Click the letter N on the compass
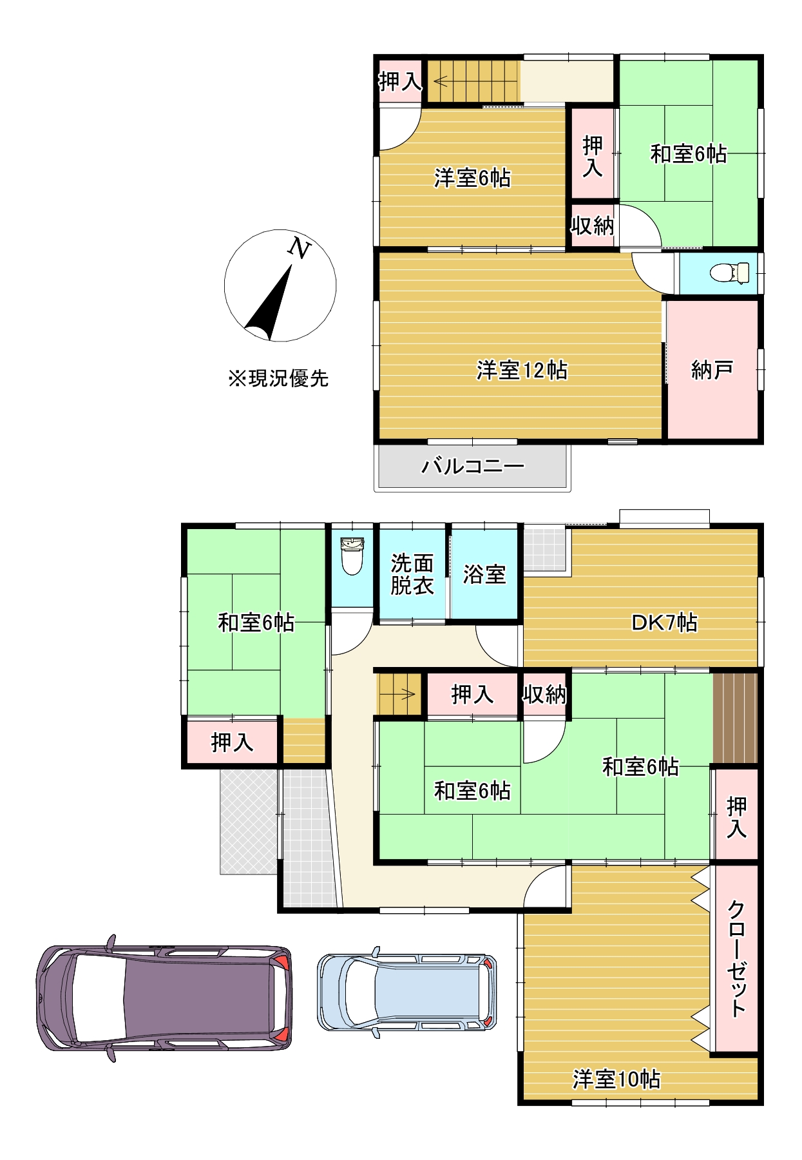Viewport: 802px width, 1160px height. [299, 247]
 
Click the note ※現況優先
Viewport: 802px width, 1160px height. [278, 378]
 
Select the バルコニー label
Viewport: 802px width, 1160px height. [473, 465]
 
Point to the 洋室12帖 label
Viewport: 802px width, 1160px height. [522, 371]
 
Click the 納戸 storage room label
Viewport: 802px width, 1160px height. [712, 370]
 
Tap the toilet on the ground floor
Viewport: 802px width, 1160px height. [352, 557]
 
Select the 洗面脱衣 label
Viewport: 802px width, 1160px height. [412, 574]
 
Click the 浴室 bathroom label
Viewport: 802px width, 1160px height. [484, 574]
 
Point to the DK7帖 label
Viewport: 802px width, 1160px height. [664, 623]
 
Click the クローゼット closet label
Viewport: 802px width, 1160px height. [736, 958]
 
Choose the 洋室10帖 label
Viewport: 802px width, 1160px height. [616, 1079]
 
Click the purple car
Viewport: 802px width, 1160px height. [164, 998]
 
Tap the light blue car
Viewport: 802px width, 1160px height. [407, 991]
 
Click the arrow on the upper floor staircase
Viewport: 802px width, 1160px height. [443, 82]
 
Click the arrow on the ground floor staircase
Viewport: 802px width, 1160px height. [406, 694]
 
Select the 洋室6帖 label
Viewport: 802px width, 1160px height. [472, 178]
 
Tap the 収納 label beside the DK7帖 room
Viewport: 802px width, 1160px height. [544, 695]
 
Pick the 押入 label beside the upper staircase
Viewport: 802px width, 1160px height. [400, 81]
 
